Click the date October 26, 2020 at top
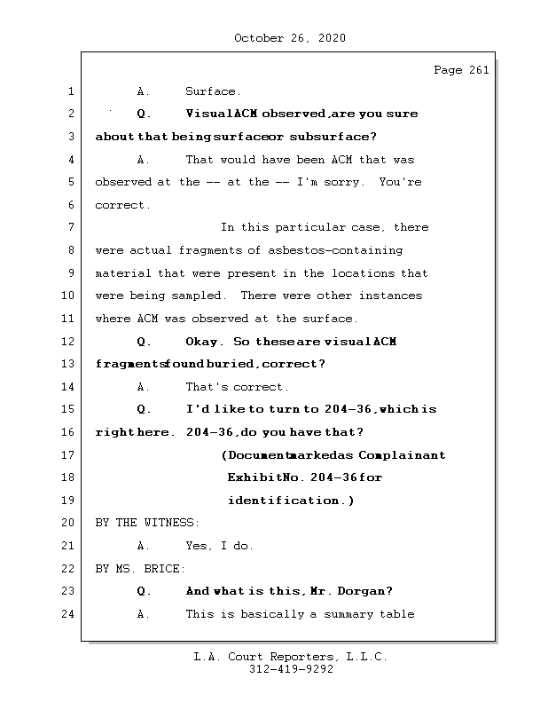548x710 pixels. pos(290,38)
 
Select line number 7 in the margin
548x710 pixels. pos(71,228)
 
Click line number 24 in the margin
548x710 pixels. pos(68,614)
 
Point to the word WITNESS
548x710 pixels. pos(171,523)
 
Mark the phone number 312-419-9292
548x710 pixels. pos(291,670)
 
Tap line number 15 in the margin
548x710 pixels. pos(68,410)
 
